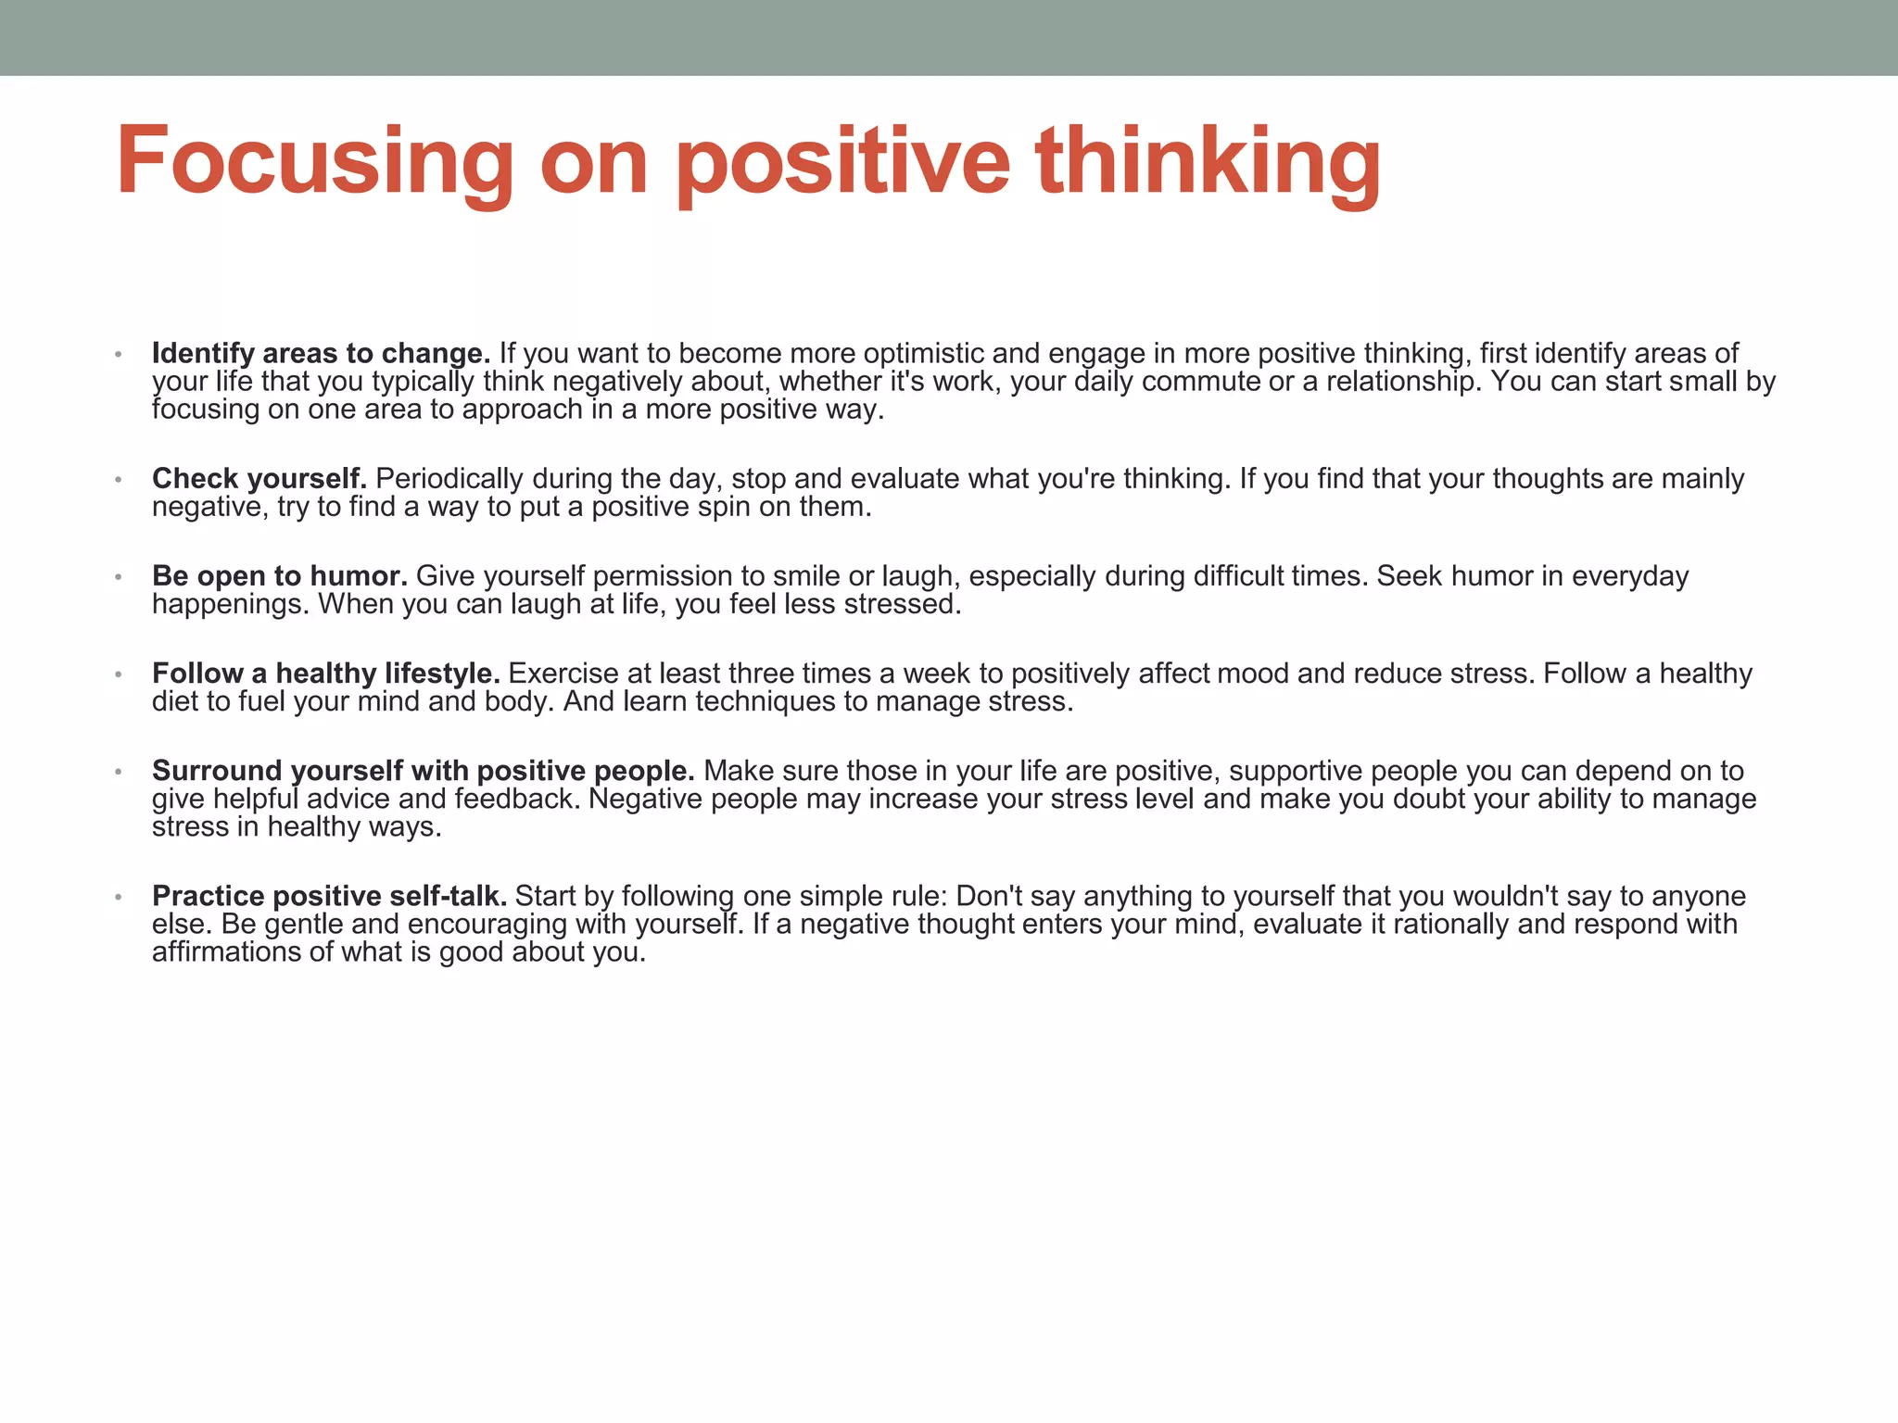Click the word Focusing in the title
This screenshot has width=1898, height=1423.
[314, 162]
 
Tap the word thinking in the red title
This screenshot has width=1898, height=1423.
[1208, 162]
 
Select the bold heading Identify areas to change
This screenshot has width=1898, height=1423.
[321, 353]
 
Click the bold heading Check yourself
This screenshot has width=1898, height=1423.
[259, 478]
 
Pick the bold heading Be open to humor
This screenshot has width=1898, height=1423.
[280, 575]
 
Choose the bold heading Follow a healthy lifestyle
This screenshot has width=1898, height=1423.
[326, 673]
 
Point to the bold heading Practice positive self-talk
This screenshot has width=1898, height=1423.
[329, 896]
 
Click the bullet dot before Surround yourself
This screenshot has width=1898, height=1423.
[118, 771]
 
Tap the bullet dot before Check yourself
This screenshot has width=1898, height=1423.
[118, 479]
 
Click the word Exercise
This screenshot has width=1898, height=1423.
[563, 673]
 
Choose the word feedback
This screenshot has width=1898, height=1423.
[517, 799]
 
